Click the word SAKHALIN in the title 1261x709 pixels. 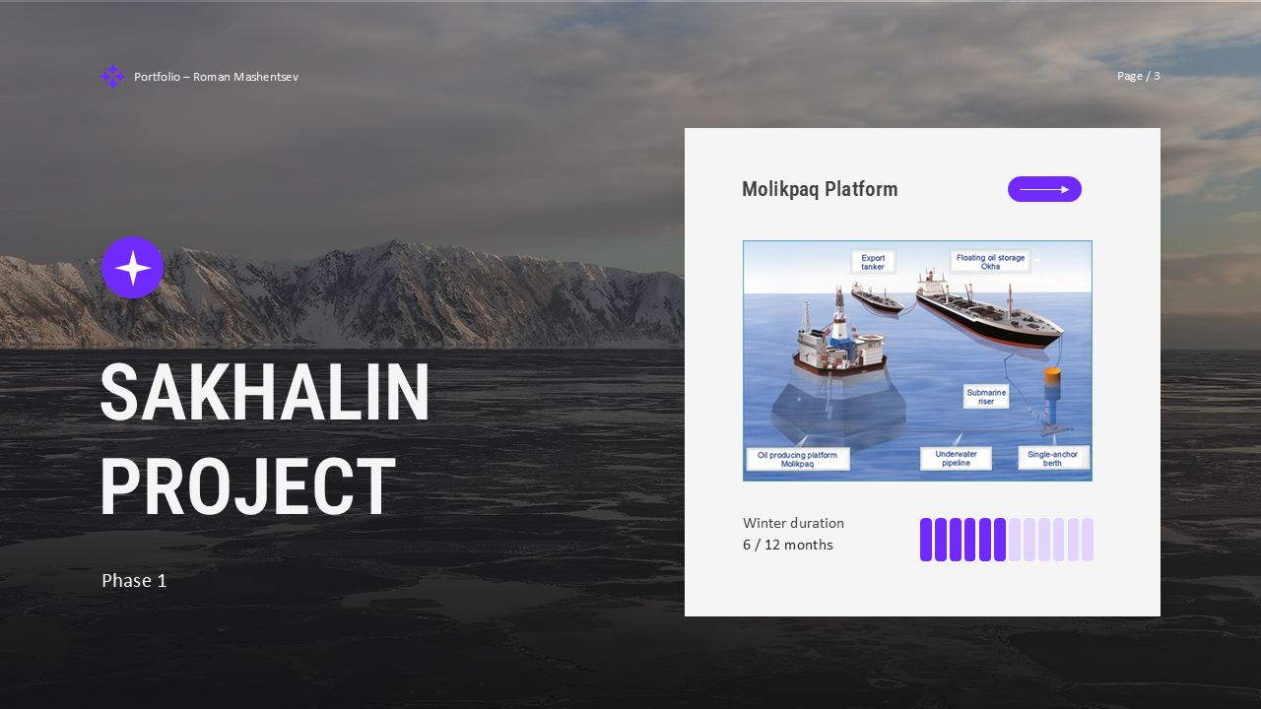(264, 393)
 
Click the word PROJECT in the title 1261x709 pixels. (247, 487)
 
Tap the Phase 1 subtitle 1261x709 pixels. (134, 581)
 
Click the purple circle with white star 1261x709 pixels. (132, 268)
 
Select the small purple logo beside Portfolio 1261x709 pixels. (112, 77)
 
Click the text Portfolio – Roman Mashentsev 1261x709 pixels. (216, 77)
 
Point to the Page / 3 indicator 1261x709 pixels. (1138, 76)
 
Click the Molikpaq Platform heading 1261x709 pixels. (820, 189)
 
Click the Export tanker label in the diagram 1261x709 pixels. (873, 262)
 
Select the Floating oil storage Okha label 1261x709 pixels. (990, 262)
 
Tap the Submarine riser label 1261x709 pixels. (986, 397)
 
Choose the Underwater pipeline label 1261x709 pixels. (956, 459)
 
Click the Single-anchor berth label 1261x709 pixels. (1052, 459)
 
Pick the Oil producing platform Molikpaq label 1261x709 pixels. (797, 459)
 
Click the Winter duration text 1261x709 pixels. (793, 523)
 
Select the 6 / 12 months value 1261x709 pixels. (788, 545)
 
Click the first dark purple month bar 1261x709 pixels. (926, 540)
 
